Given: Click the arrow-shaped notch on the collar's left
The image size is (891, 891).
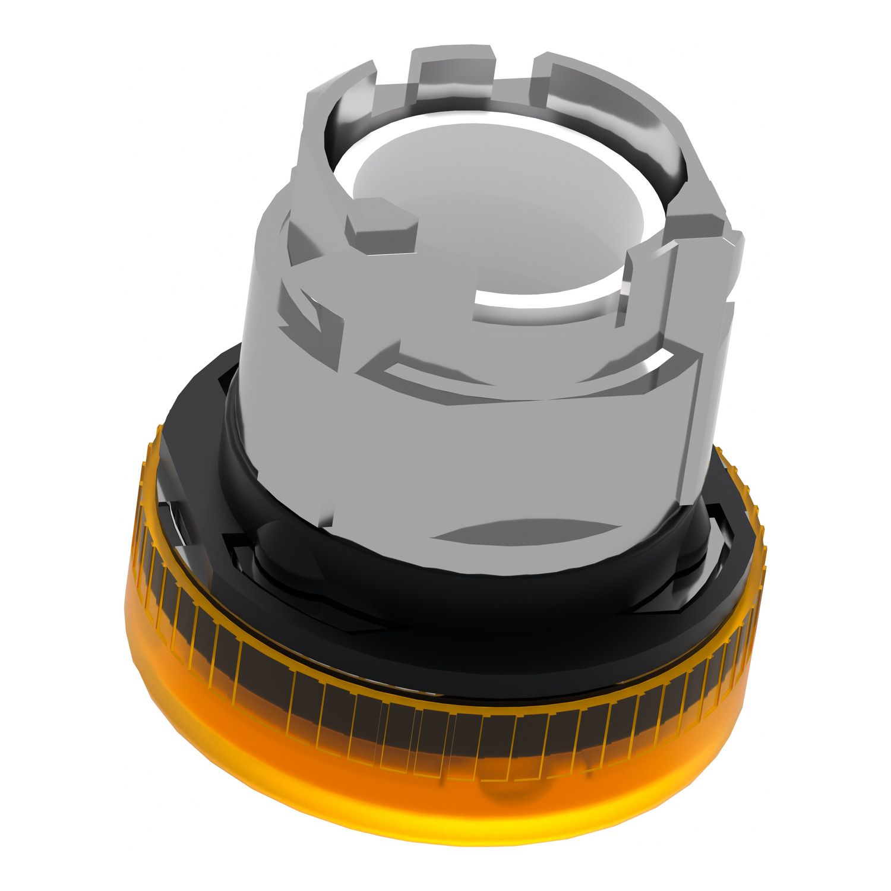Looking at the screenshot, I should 309,309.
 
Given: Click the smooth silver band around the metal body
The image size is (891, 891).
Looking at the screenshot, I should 475,434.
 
